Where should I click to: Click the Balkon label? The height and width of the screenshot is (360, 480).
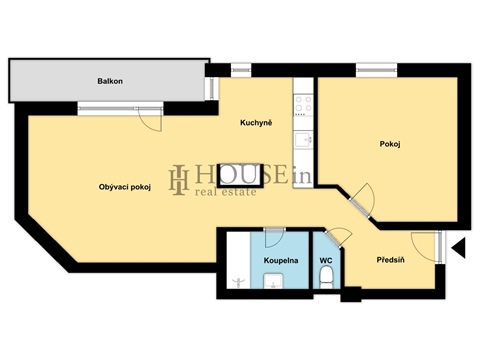tap(110, 80)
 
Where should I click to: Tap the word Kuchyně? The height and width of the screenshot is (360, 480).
tap(257, 124)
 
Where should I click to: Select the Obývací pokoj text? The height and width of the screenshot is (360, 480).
tap(125, 186)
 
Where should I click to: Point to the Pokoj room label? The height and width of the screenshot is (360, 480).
tap(391, 143)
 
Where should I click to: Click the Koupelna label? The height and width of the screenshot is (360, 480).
tap(280, 260)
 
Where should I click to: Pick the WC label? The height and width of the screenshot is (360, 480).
tap(325, 260)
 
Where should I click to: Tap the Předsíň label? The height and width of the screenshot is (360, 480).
tap(390, 260)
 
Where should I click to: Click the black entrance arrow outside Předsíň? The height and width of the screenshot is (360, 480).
tap(458, 247)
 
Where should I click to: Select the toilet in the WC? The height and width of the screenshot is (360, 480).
tap(328, 282)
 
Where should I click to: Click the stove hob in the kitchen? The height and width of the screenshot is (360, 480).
tap(302, 103)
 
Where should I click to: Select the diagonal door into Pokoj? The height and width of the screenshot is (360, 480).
tap(362, 197)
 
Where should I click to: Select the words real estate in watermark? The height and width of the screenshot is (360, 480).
tap(225, 191)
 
